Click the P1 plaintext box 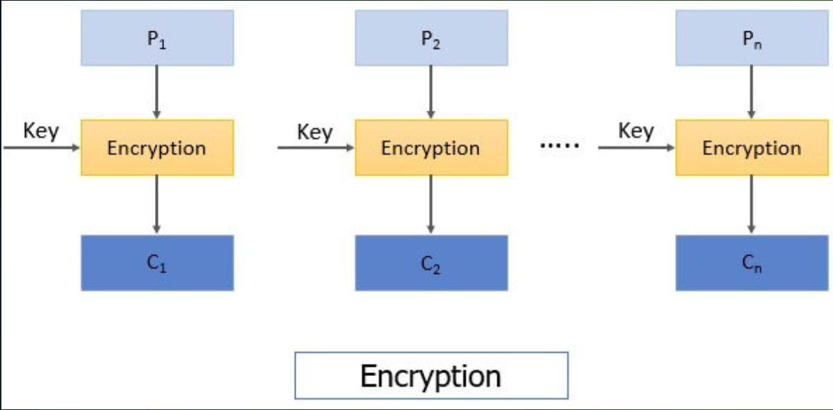(x=157, y=38)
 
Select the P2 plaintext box (x=431, y=38)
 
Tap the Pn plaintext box (x=752, y=38)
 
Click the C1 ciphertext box (x=157, y=262)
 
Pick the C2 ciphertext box (x=431, y=262)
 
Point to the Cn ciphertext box (x=752, y=262)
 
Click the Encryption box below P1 (x=157, y=148)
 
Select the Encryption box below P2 (x=431, y=148)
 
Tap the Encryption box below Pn (x=752, y=148)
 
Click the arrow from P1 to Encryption (x=156, y=92)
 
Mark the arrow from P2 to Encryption (x=431, y=92)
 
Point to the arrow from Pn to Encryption (x=752, y=92)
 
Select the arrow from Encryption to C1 (x=156, y=205)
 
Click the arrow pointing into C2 (x=431, y=205)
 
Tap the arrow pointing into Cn (x=752, y=205)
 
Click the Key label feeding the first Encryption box (x=41, y=131)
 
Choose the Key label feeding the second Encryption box (x=315, y=132)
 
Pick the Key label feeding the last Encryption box (x=636, y=131)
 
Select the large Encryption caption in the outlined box (x=431, y=376)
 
